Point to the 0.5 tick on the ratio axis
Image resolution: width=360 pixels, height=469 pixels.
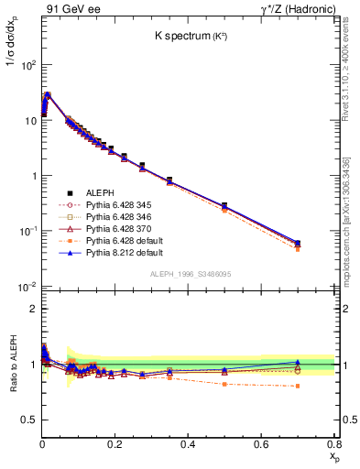(30, 420)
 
